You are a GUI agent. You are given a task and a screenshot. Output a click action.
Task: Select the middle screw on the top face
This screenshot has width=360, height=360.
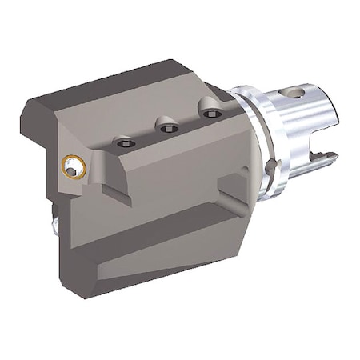(x=167, y=128)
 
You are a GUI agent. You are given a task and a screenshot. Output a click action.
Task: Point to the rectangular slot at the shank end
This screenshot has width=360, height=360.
(x=326, y=152)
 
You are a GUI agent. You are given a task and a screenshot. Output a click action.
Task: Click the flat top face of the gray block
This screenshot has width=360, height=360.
(x=128, y=96)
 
